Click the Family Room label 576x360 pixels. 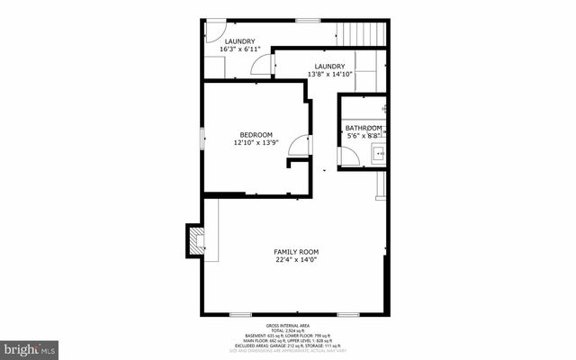pyautogui.click(x=296, y=251)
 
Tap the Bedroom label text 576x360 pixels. pyautogui.click(x=256, y=135)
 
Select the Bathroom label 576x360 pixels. pyautogui.click(x=363, y=129)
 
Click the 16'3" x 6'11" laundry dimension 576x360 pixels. pyautogui.click(x=239, y=49)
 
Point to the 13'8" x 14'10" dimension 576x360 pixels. pyautogui.click(x=327, y=74)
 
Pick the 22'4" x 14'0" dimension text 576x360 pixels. pyautogui.click(x=296, y=260)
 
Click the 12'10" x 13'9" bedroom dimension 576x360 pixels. pyautogui.click(x=256, y=142)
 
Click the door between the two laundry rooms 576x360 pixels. pyautogui.click(x=263, y=65)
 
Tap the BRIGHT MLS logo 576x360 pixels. pyautogui.click(x=30, y=347)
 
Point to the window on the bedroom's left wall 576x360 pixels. pyautogui.click(x=202, y=139)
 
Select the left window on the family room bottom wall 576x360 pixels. pyautogui.click(x=240, y=314)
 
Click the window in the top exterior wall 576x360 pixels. pyautogui.click(x=308, y=20)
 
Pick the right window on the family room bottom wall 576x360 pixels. pyautogui.click(x=347, y=314)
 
